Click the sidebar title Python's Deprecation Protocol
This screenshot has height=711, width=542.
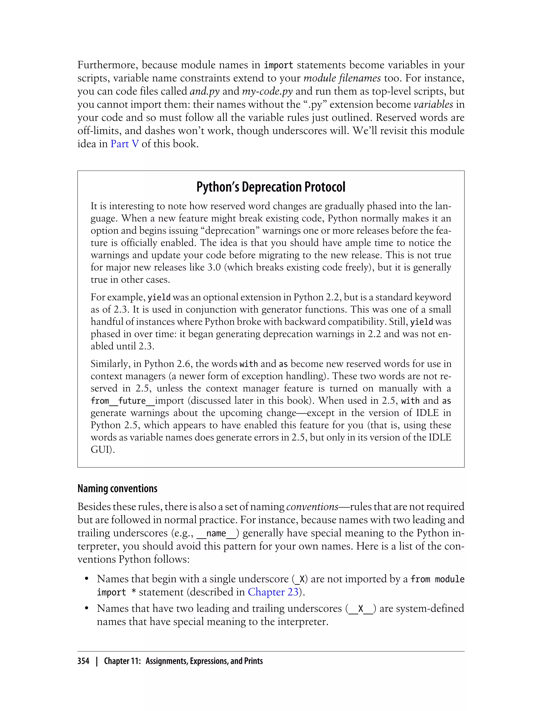271,187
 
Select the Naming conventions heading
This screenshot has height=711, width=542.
117,489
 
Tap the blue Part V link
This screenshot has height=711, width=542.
125,144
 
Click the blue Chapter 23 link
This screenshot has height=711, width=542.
273,592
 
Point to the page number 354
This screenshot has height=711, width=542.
83,661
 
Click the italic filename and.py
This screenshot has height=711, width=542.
205,91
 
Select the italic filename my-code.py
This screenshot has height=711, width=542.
267,91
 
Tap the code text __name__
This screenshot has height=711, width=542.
216,533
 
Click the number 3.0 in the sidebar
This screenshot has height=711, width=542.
214,267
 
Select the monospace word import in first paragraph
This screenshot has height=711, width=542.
278,65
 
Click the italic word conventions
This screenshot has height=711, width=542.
312,507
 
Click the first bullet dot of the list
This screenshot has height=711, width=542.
87,579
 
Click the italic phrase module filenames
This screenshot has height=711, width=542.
342,78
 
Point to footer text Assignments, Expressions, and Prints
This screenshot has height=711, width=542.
204,661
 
